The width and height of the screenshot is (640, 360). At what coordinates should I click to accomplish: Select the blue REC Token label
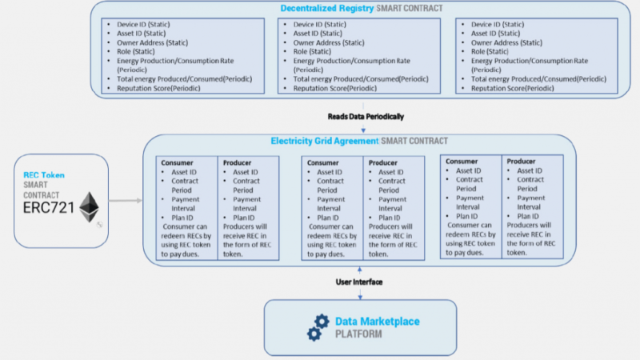(x=44, y=174)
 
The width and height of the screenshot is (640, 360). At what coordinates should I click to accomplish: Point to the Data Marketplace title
(x=376, y=321)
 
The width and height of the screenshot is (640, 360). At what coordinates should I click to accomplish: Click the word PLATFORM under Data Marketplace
(x=358, y=334)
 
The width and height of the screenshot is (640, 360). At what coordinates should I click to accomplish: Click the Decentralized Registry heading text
(x=326, y=8)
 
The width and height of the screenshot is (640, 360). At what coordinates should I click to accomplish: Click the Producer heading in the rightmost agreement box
(x=522, y=161)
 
